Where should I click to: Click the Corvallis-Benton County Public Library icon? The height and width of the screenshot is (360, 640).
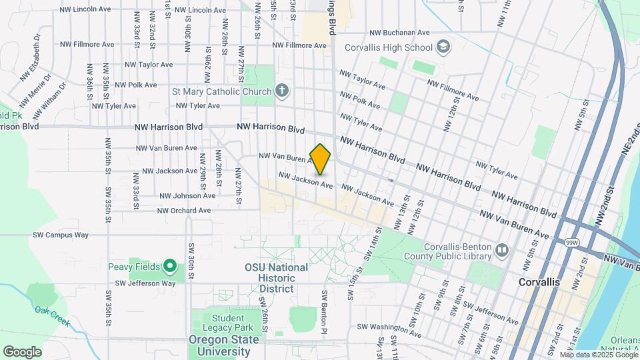pos(502,251)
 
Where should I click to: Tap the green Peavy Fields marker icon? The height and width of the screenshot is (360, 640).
pos(170,267)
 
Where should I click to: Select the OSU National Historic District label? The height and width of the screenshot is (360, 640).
pos(276,278)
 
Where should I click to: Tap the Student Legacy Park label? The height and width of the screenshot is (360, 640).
pos(229,323)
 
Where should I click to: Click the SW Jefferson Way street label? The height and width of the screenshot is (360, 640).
pos(145,283)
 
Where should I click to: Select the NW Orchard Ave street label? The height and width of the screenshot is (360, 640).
pos(184,211)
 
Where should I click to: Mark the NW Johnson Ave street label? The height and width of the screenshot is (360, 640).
pos(187,196)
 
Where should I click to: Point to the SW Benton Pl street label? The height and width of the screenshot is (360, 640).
pos(325,311)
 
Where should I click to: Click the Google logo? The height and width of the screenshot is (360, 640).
pos(22,351)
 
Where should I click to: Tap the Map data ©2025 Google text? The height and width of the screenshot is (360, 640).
pos(598,355)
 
